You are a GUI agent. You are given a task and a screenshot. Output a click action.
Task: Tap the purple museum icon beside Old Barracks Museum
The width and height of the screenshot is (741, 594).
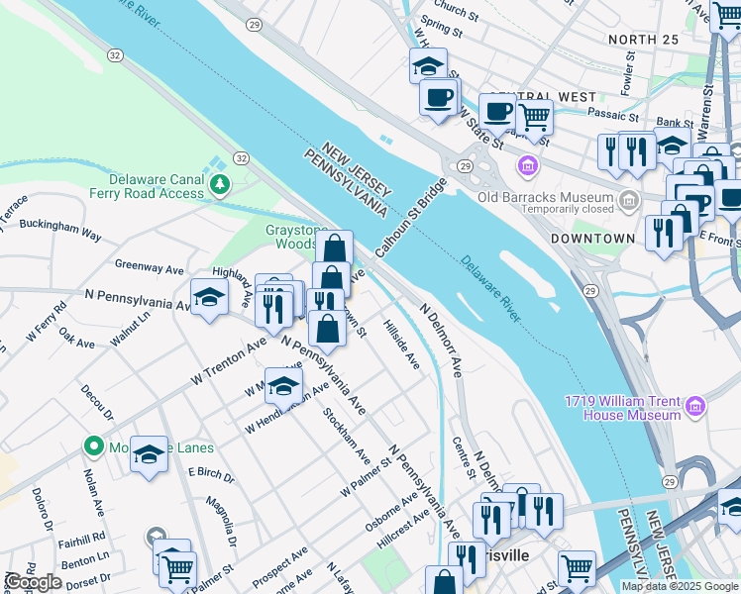[527, 163]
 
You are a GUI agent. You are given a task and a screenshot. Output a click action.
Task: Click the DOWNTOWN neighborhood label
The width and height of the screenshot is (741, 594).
[592, 239]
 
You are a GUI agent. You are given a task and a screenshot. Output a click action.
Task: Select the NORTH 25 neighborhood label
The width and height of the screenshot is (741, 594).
[645, 39]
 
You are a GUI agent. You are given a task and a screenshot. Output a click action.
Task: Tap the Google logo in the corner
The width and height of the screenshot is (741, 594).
[33, 582]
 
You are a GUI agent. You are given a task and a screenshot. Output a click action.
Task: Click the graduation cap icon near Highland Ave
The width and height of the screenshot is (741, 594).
[209, 297]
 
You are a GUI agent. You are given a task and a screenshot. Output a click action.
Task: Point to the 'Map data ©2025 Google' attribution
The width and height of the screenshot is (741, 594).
[680, 586]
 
